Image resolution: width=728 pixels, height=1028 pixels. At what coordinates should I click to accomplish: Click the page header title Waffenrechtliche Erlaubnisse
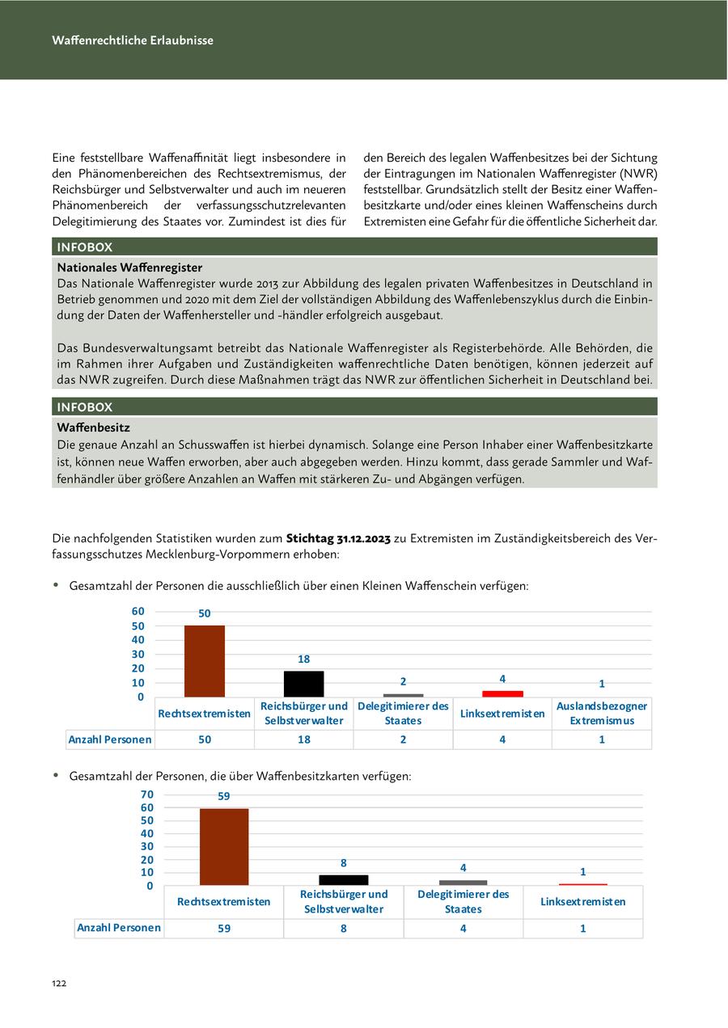point(133,40)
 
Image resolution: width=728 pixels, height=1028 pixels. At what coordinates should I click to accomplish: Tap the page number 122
point(59,984)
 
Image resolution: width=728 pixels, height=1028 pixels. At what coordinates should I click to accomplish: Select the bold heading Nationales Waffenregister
point(129,268)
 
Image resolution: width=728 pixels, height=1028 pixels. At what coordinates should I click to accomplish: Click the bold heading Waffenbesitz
point(93,428)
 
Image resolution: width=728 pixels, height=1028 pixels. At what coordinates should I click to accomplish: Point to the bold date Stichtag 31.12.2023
point(338,539)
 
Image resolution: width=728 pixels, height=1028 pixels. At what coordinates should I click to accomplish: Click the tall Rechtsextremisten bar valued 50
point(205,661)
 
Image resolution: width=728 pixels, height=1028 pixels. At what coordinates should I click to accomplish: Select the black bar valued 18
point(303,684)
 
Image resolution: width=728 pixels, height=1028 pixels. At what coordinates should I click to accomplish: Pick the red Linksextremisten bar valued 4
point(502,693)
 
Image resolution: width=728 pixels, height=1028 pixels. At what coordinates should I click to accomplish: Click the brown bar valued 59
point(224,846)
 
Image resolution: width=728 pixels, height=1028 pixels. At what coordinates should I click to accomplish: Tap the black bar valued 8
point(344,880)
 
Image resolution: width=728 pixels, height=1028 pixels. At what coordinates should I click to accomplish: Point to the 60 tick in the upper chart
point(138,612)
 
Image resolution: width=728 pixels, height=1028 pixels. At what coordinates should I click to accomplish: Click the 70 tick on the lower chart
point(146,795)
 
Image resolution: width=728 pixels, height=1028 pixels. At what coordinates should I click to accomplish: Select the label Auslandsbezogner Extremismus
point(602,714)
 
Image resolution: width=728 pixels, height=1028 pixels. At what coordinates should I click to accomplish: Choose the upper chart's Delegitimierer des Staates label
point(403,714)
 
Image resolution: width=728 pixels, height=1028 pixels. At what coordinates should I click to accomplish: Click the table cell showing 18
point(303,739)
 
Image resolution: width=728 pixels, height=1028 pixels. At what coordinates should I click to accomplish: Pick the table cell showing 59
point(224,929)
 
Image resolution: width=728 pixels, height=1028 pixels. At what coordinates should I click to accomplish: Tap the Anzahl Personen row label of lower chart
point(119,928)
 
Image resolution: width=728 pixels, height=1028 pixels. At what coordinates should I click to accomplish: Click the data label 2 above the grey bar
point(403,681)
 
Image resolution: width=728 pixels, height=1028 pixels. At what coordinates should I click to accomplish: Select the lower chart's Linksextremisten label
point(582,902)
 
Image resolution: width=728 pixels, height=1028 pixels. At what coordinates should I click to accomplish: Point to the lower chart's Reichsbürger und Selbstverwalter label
point(344,902)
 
